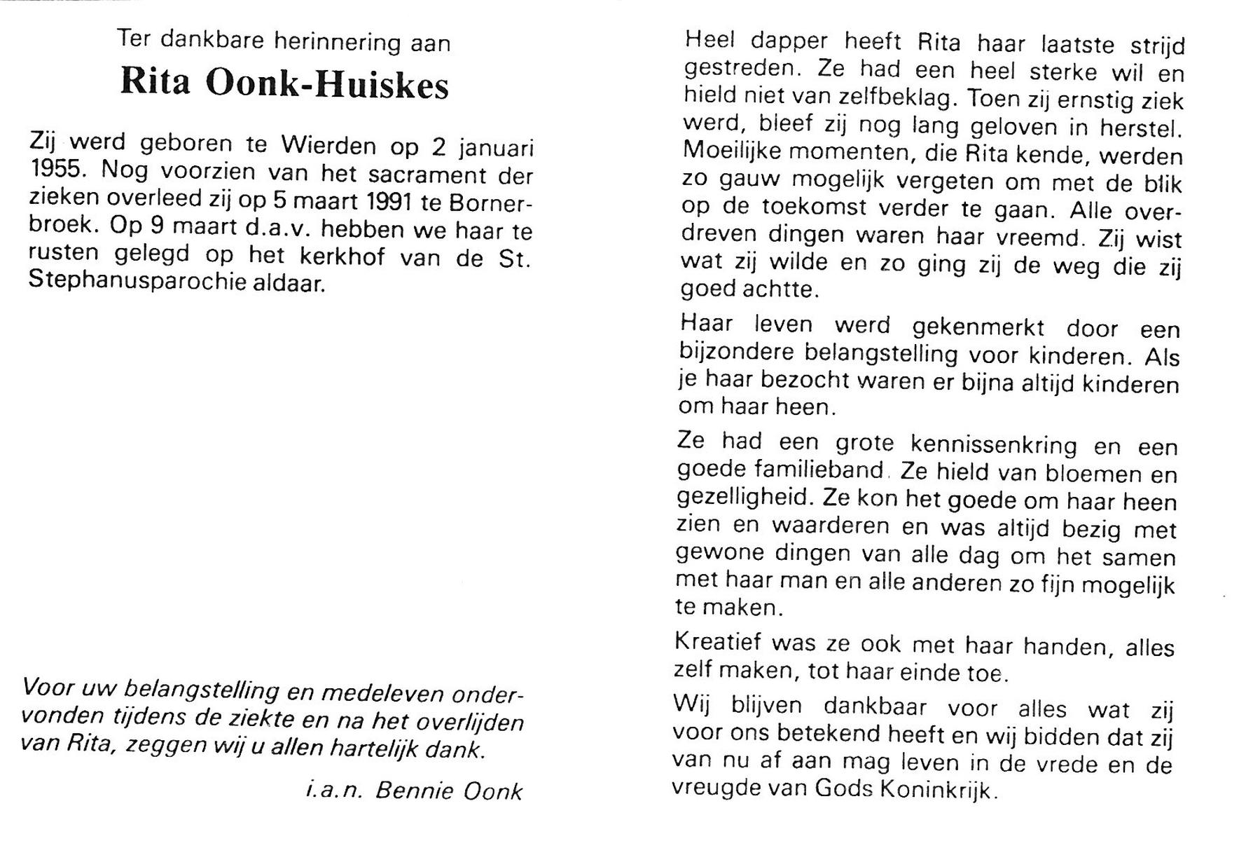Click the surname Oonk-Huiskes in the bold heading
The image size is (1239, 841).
[326, 84]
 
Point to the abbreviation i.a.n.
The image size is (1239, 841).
[333, 791]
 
